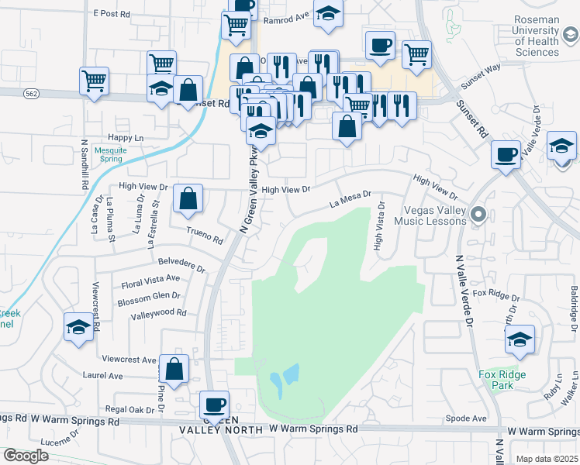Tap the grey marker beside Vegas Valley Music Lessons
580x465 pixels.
pos(478,214)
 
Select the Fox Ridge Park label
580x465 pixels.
pos(502,380)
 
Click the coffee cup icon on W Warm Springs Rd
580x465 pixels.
pos(214,404)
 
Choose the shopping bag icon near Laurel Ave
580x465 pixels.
pos(174,370)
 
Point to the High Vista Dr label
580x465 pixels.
pos(379,227)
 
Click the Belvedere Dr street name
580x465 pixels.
pos(181,265)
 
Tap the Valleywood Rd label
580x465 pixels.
pos(159,313)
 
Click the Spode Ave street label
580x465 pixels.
pos(468,418)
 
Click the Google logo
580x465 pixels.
pos(25,456)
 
